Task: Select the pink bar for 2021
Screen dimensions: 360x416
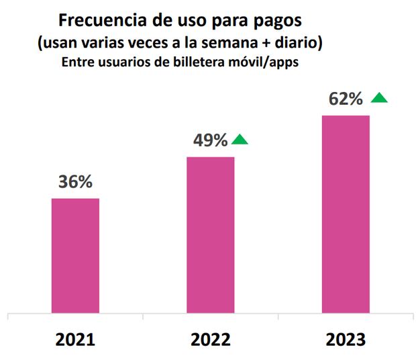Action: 75,256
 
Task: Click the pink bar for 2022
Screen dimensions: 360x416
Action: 210,235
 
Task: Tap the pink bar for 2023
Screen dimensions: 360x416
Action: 346,214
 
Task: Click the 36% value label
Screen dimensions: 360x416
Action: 75,182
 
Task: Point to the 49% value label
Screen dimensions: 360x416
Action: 210,140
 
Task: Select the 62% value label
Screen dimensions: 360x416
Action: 346,99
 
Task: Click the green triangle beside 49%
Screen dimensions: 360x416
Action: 240,140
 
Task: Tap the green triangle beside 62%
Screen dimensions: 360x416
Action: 379,98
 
